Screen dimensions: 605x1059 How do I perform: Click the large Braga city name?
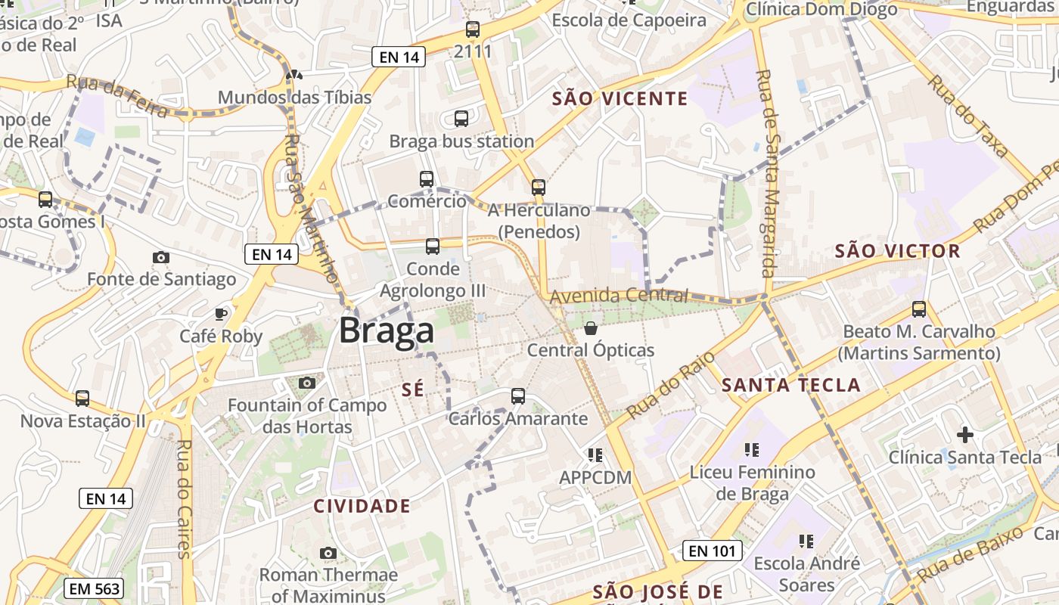387,330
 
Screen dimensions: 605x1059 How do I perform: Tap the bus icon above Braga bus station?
461,119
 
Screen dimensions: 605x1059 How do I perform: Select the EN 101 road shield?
712,551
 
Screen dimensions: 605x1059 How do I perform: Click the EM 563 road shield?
94,589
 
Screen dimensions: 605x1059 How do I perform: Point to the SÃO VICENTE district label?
620,98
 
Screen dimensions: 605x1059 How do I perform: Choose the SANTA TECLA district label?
791,385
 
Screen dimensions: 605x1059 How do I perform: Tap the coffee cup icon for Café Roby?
221,314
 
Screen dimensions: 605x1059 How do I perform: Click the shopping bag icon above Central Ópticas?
591,328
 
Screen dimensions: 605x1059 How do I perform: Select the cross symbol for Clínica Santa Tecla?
964,435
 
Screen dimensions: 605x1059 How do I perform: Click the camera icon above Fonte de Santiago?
160,257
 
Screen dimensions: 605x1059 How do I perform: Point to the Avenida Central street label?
619,296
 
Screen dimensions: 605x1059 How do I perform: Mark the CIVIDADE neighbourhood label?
362,506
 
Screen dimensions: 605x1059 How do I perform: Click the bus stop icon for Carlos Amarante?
518,396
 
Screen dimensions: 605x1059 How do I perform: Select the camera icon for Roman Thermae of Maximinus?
328,553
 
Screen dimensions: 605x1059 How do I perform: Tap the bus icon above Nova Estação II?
82,398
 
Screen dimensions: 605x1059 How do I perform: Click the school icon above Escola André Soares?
806,541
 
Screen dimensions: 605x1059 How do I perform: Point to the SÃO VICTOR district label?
897,251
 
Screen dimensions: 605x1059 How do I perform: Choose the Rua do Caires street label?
184,499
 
